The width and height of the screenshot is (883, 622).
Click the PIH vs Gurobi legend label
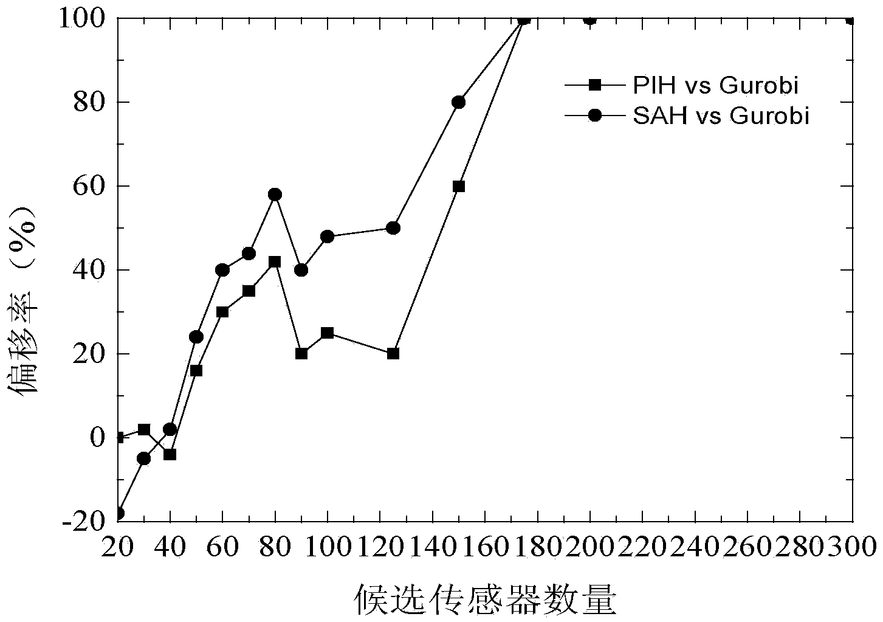click(x=715, y=86)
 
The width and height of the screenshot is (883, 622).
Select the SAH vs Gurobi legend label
click(x=721, y=115)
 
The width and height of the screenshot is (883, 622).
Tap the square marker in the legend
click(x=595, y=86)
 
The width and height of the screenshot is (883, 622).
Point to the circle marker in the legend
click(x=595, y=115)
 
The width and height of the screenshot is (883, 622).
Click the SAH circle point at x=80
click(x=275, y=195)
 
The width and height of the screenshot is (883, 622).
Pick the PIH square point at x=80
click(x=275, y=262)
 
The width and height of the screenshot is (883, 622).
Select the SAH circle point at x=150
click(x=459, y=102)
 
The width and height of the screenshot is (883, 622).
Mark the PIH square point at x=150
click(x=459, y=186)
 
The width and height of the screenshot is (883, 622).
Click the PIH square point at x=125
click(x=393, y=353)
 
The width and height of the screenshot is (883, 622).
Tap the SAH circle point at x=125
click(x=393, y=228)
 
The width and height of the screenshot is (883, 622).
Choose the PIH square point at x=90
click(x=301, y=353)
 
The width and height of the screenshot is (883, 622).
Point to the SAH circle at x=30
click(x=143, y=458)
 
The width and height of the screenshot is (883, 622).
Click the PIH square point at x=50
click(x=196, y=370)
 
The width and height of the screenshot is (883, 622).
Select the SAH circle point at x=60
click(x=222, y=270)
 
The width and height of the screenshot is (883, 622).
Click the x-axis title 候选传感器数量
click(x=485, y=600)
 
